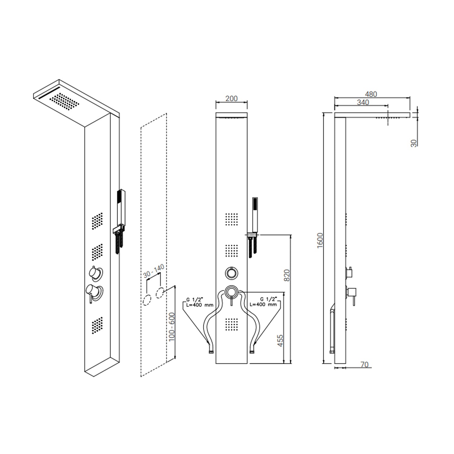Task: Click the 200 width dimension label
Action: click(232, 98)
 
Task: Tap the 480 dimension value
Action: click(371, 94)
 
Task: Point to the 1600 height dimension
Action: click(320, 241)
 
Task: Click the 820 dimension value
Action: click(287, 275)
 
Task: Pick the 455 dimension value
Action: click(280, 340)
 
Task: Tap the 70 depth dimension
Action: click(364, 364)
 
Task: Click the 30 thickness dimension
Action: click(414, 143)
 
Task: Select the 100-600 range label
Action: click(172, 327)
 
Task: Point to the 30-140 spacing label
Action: click(154, 271)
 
